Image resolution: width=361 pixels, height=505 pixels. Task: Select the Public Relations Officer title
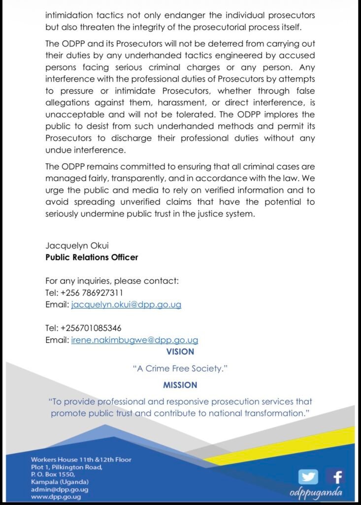(92, 257)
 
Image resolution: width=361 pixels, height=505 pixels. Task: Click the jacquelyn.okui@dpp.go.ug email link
(126, 305)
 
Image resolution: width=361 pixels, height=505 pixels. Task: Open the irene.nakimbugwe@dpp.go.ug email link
(134, 340)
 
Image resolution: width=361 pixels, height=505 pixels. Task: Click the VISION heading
(180, 352)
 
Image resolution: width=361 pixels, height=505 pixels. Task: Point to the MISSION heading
(180, 385)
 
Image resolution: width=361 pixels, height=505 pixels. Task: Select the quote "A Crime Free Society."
(180, 368)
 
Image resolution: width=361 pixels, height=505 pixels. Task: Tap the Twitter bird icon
(308, 477)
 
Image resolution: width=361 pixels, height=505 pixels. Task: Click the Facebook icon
(337, 477)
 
